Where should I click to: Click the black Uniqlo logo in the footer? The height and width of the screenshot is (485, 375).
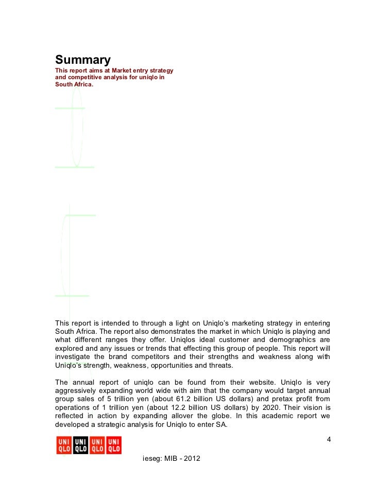81,445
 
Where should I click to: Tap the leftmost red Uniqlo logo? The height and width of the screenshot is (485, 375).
64,445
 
